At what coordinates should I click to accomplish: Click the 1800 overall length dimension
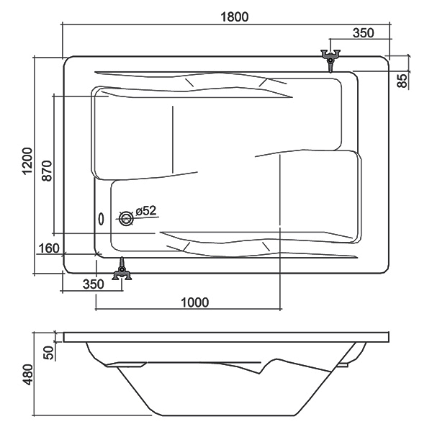235,17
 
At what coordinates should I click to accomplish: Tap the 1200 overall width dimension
27,161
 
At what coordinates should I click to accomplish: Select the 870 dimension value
47,171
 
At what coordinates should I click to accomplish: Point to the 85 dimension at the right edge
402,81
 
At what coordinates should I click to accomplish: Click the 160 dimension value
49,248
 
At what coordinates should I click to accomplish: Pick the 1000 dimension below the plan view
194,302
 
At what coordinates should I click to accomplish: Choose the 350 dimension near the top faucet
364,33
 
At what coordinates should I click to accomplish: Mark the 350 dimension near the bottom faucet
94,284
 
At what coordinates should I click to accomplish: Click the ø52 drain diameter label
146,211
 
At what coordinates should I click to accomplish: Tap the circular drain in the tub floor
127,219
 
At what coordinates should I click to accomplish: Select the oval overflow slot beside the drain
102,220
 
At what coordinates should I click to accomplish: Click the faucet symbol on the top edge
330,60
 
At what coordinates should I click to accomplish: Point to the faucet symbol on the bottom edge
122,269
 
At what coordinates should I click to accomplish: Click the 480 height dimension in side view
27,374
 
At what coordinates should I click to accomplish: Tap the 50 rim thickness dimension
48,353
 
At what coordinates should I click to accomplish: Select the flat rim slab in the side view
226,337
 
